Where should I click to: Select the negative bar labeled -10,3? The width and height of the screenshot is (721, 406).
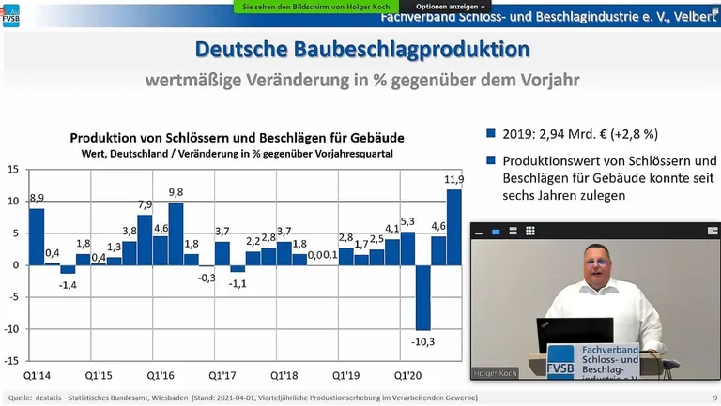click(423, 297)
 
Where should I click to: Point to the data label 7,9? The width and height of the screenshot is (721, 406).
click(145, 204)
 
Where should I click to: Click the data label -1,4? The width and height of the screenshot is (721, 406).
click(68, 283)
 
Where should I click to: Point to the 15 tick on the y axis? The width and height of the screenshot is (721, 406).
click(13, 170)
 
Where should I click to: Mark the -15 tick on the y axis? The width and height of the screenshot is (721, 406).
click(11, 361)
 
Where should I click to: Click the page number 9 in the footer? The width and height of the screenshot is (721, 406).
click(714, 398)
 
